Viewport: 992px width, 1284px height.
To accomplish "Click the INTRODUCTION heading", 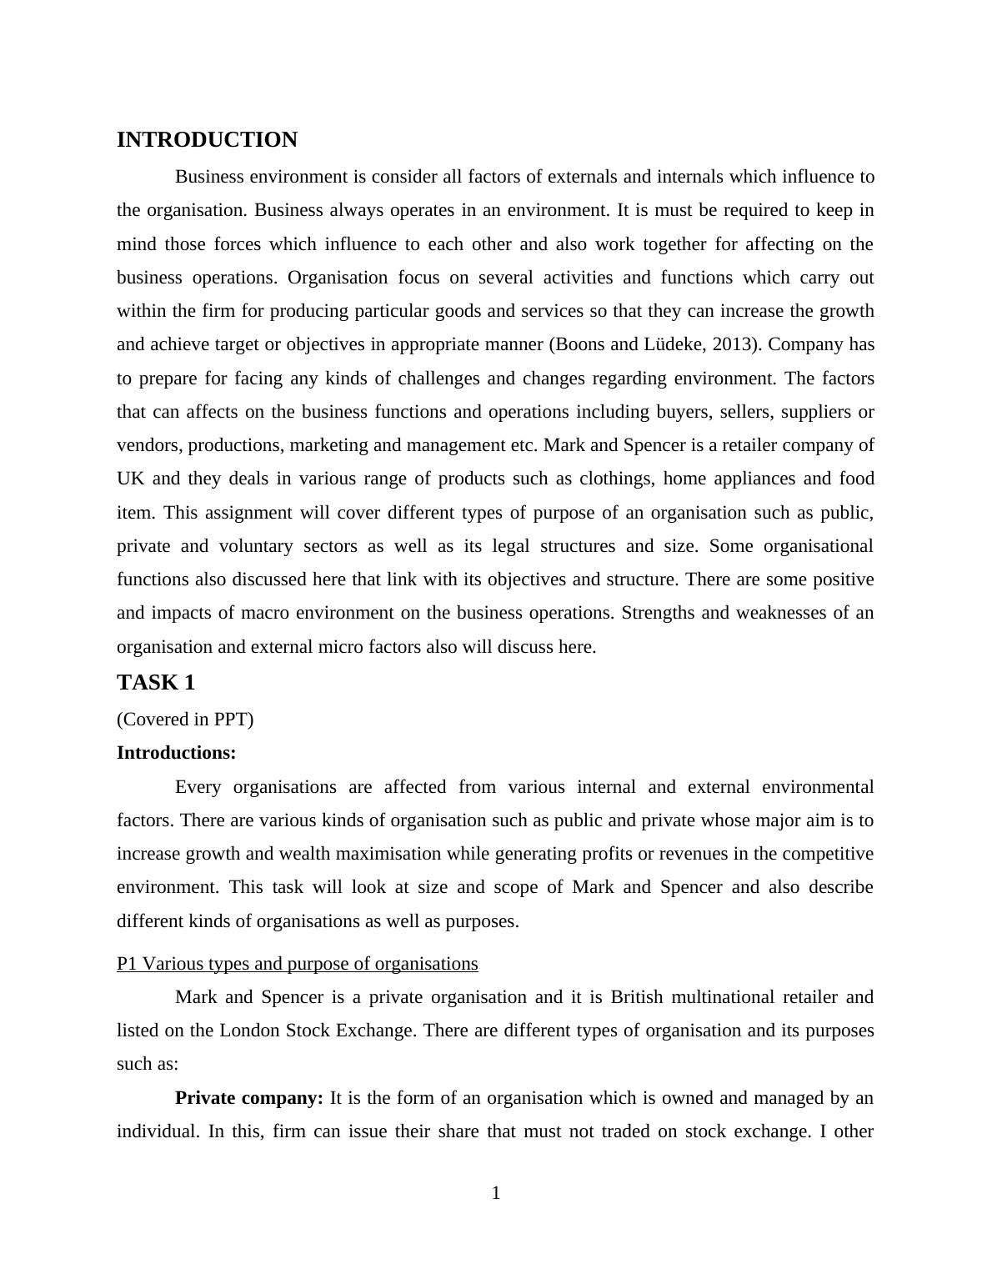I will tap(207, 140).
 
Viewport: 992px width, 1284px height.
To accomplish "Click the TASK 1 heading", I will tap(156, 683).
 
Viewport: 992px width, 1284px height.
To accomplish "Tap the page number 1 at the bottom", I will tap(496, 1194).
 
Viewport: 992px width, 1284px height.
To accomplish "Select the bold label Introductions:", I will tap(177, 753).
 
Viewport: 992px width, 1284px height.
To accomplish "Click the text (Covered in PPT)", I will tap(185, 719).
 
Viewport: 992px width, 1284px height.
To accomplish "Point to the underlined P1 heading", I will tap(298, 964).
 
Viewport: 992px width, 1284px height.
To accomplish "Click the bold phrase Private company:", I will tap(249, 1098).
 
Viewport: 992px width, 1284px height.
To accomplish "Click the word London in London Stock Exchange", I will tap(250, 1031).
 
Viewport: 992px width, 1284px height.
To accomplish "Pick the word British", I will tap(638, 997).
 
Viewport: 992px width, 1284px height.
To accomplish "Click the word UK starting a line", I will tap(130, 479).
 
